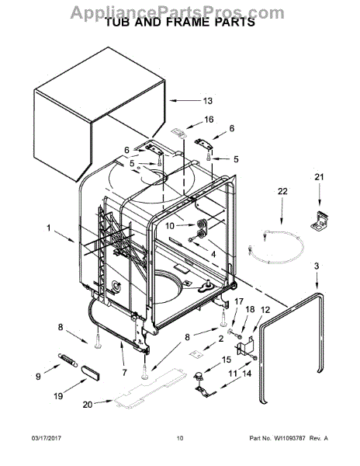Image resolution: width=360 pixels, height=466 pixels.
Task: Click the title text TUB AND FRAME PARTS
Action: pyautogui.click(x=180, y=23)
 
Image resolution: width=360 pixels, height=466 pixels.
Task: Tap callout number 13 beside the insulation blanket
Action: pyautogui.click(x=207, y=101)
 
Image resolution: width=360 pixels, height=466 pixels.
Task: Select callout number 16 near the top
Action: pyautogui.click(x=208, y=120)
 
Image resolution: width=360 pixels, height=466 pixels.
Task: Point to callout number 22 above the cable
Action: pyautogui.click(x=282, y=192)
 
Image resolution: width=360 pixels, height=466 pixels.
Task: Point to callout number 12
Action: pyautogui.click(x=265, y=311)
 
